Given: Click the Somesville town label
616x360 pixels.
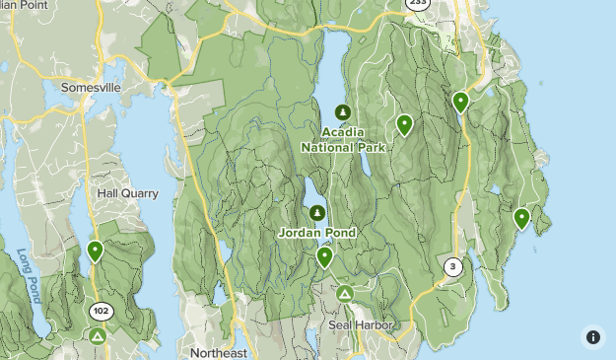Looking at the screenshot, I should pos(91,87).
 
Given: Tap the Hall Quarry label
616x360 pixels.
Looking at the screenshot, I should pos(127,193).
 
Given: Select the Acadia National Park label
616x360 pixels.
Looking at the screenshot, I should pos(343,140).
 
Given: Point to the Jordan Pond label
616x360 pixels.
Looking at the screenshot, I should pos(316,233).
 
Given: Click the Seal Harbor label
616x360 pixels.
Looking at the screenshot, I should pos(362,324).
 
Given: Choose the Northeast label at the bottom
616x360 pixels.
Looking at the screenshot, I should pos(220,353).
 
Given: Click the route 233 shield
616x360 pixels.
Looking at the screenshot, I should pos(418,4).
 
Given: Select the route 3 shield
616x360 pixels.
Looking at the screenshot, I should pos(452,266).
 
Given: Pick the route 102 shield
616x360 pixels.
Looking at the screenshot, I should pos(102,311).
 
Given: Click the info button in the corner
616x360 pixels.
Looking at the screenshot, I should pos(593,337).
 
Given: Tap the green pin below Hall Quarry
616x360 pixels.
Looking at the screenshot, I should pos(95,251).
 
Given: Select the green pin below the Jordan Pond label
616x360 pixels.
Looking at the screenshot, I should pos(324,256).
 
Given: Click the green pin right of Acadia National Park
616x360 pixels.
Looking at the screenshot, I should pos(404,124).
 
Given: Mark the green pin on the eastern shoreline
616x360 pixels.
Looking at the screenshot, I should pos(521,218).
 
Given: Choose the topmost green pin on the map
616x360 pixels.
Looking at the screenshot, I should pos(460,101).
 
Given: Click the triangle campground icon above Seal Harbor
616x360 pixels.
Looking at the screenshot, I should pos(345,294).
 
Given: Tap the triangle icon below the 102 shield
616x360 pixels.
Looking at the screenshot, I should pos(98,336).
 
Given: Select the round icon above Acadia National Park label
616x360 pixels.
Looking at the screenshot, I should pos(343,112).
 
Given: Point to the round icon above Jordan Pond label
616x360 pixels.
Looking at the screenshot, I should pos(317,212).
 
